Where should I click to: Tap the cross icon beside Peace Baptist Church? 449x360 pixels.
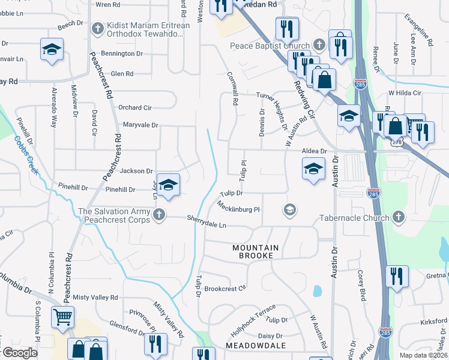pos(320,45)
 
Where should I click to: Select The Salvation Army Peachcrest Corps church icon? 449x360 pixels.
pos(158,215)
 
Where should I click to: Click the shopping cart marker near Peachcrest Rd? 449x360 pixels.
pos(62,317)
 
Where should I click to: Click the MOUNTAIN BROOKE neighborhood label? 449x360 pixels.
pos(256,251)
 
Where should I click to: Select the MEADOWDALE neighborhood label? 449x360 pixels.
pos(253,346)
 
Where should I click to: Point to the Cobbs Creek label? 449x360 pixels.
pos(26,155)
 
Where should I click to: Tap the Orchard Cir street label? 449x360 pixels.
pos(133,108)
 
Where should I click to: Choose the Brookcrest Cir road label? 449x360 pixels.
pos(225,288)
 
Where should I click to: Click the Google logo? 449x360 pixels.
pos(20,353)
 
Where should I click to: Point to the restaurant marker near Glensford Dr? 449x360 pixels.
pos(153,343)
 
